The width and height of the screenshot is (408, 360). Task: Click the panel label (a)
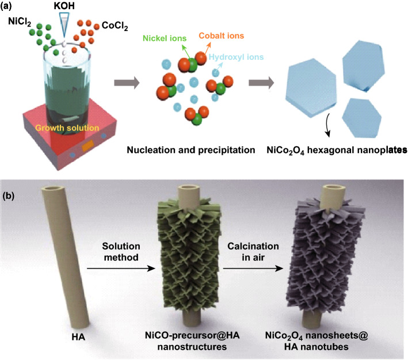coord(10,6)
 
